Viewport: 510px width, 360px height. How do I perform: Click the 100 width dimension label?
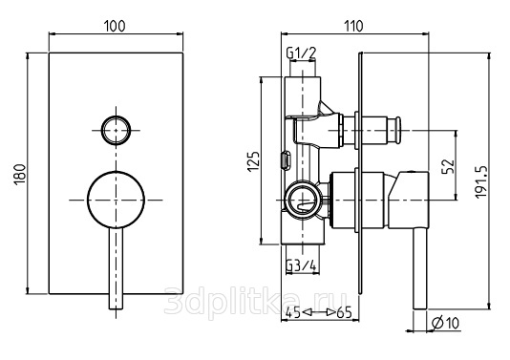(x=115, y=26)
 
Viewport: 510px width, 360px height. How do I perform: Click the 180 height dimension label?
(x=20, y=174)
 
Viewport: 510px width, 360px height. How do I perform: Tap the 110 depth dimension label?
(x=353, y=26)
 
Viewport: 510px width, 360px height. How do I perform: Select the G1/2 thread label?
(x=301, y=53)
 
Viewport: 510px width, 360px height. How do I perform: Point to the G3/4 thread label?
(x=301, y=265)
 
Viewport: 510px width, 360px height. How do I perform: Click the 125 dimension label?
(x=254, y=161)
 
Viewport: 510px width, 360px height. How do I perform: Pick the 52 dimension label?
(x=448, y=166)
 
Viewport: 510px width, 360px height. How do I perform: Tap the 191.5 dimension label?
(x=480, y=181)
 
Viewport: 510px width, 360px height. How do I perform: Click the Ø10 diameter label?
(x=445, y=323)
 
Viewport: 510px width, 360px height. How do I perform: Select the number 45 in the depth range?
(x=293, y=313)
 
